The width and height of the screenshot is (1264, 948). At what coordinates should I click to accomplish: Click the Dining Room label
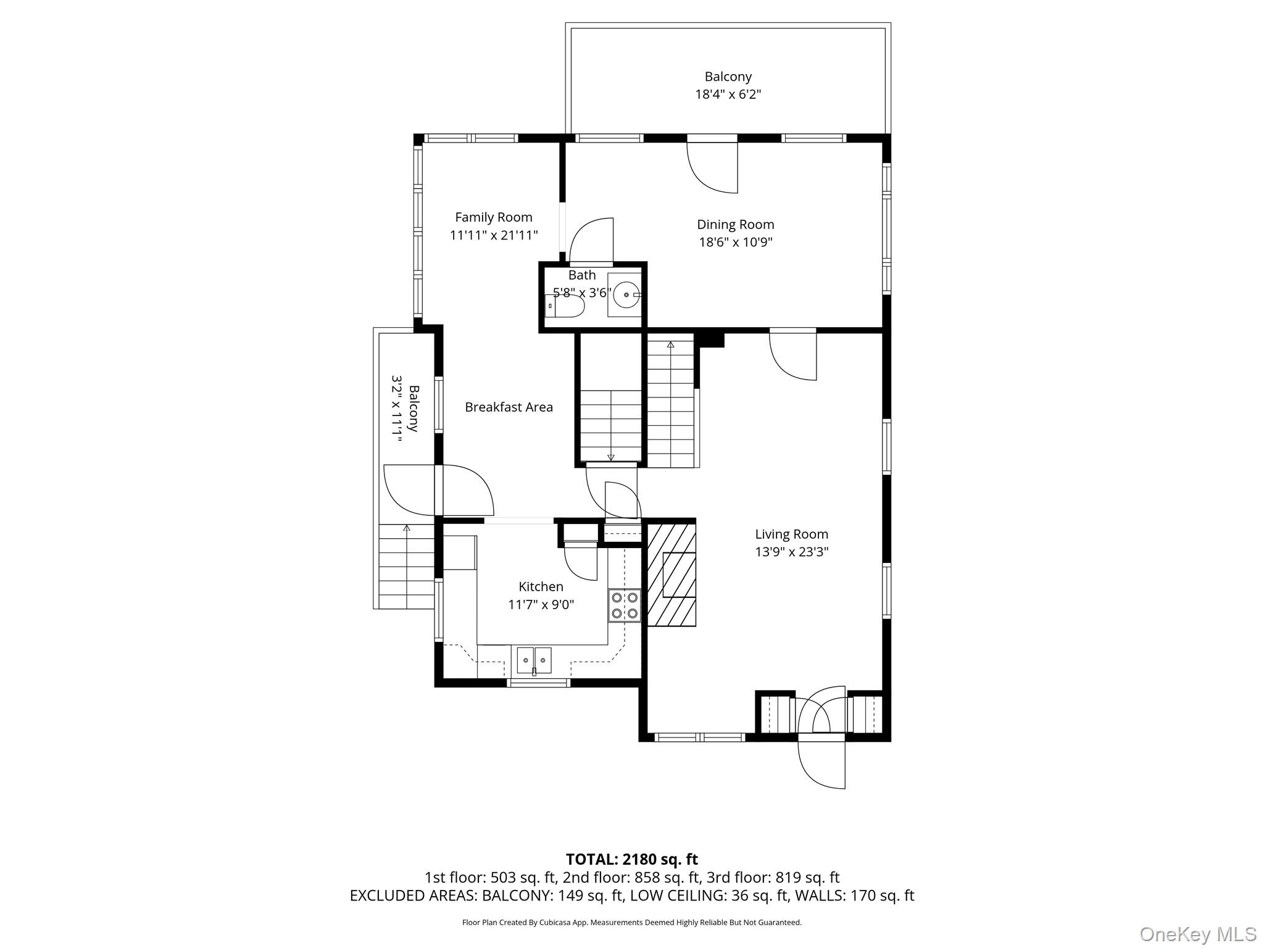(735, 225)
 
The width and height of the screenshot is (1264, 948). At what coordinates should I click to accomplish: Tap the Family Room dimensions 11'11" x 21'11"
(494, 235)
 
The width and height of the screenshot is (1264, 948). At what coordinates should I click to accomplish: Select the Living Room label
(791, 534)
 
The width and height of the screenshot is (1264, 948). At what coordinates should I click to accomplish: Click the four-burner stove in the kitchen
(625, 605)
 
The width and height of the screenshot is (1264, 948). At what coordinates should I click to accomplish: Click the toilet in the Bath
(565, 306)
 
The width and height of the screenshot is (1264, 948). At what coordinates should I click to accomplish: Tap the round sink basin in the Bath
(626, 295)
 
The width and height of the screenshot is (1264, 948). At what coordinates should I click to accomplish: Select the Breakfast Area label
(509, 407)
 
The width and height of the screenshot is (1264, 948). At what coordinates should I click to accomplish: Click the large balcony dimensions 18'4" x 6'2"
(728, 94)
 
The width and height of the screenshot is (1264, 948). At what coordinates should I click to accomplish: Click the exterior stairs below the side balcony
(406, 566)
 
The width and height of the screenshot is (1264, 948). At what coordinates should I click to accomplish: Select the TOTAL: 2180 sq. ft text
(631, 859)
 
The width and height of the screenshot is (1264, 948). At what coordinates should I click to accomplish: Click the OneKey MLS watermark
(1197, 934)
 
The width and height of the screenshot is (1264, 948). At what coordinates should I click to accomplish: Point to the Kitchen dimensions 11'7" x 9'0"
(541, 605)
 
